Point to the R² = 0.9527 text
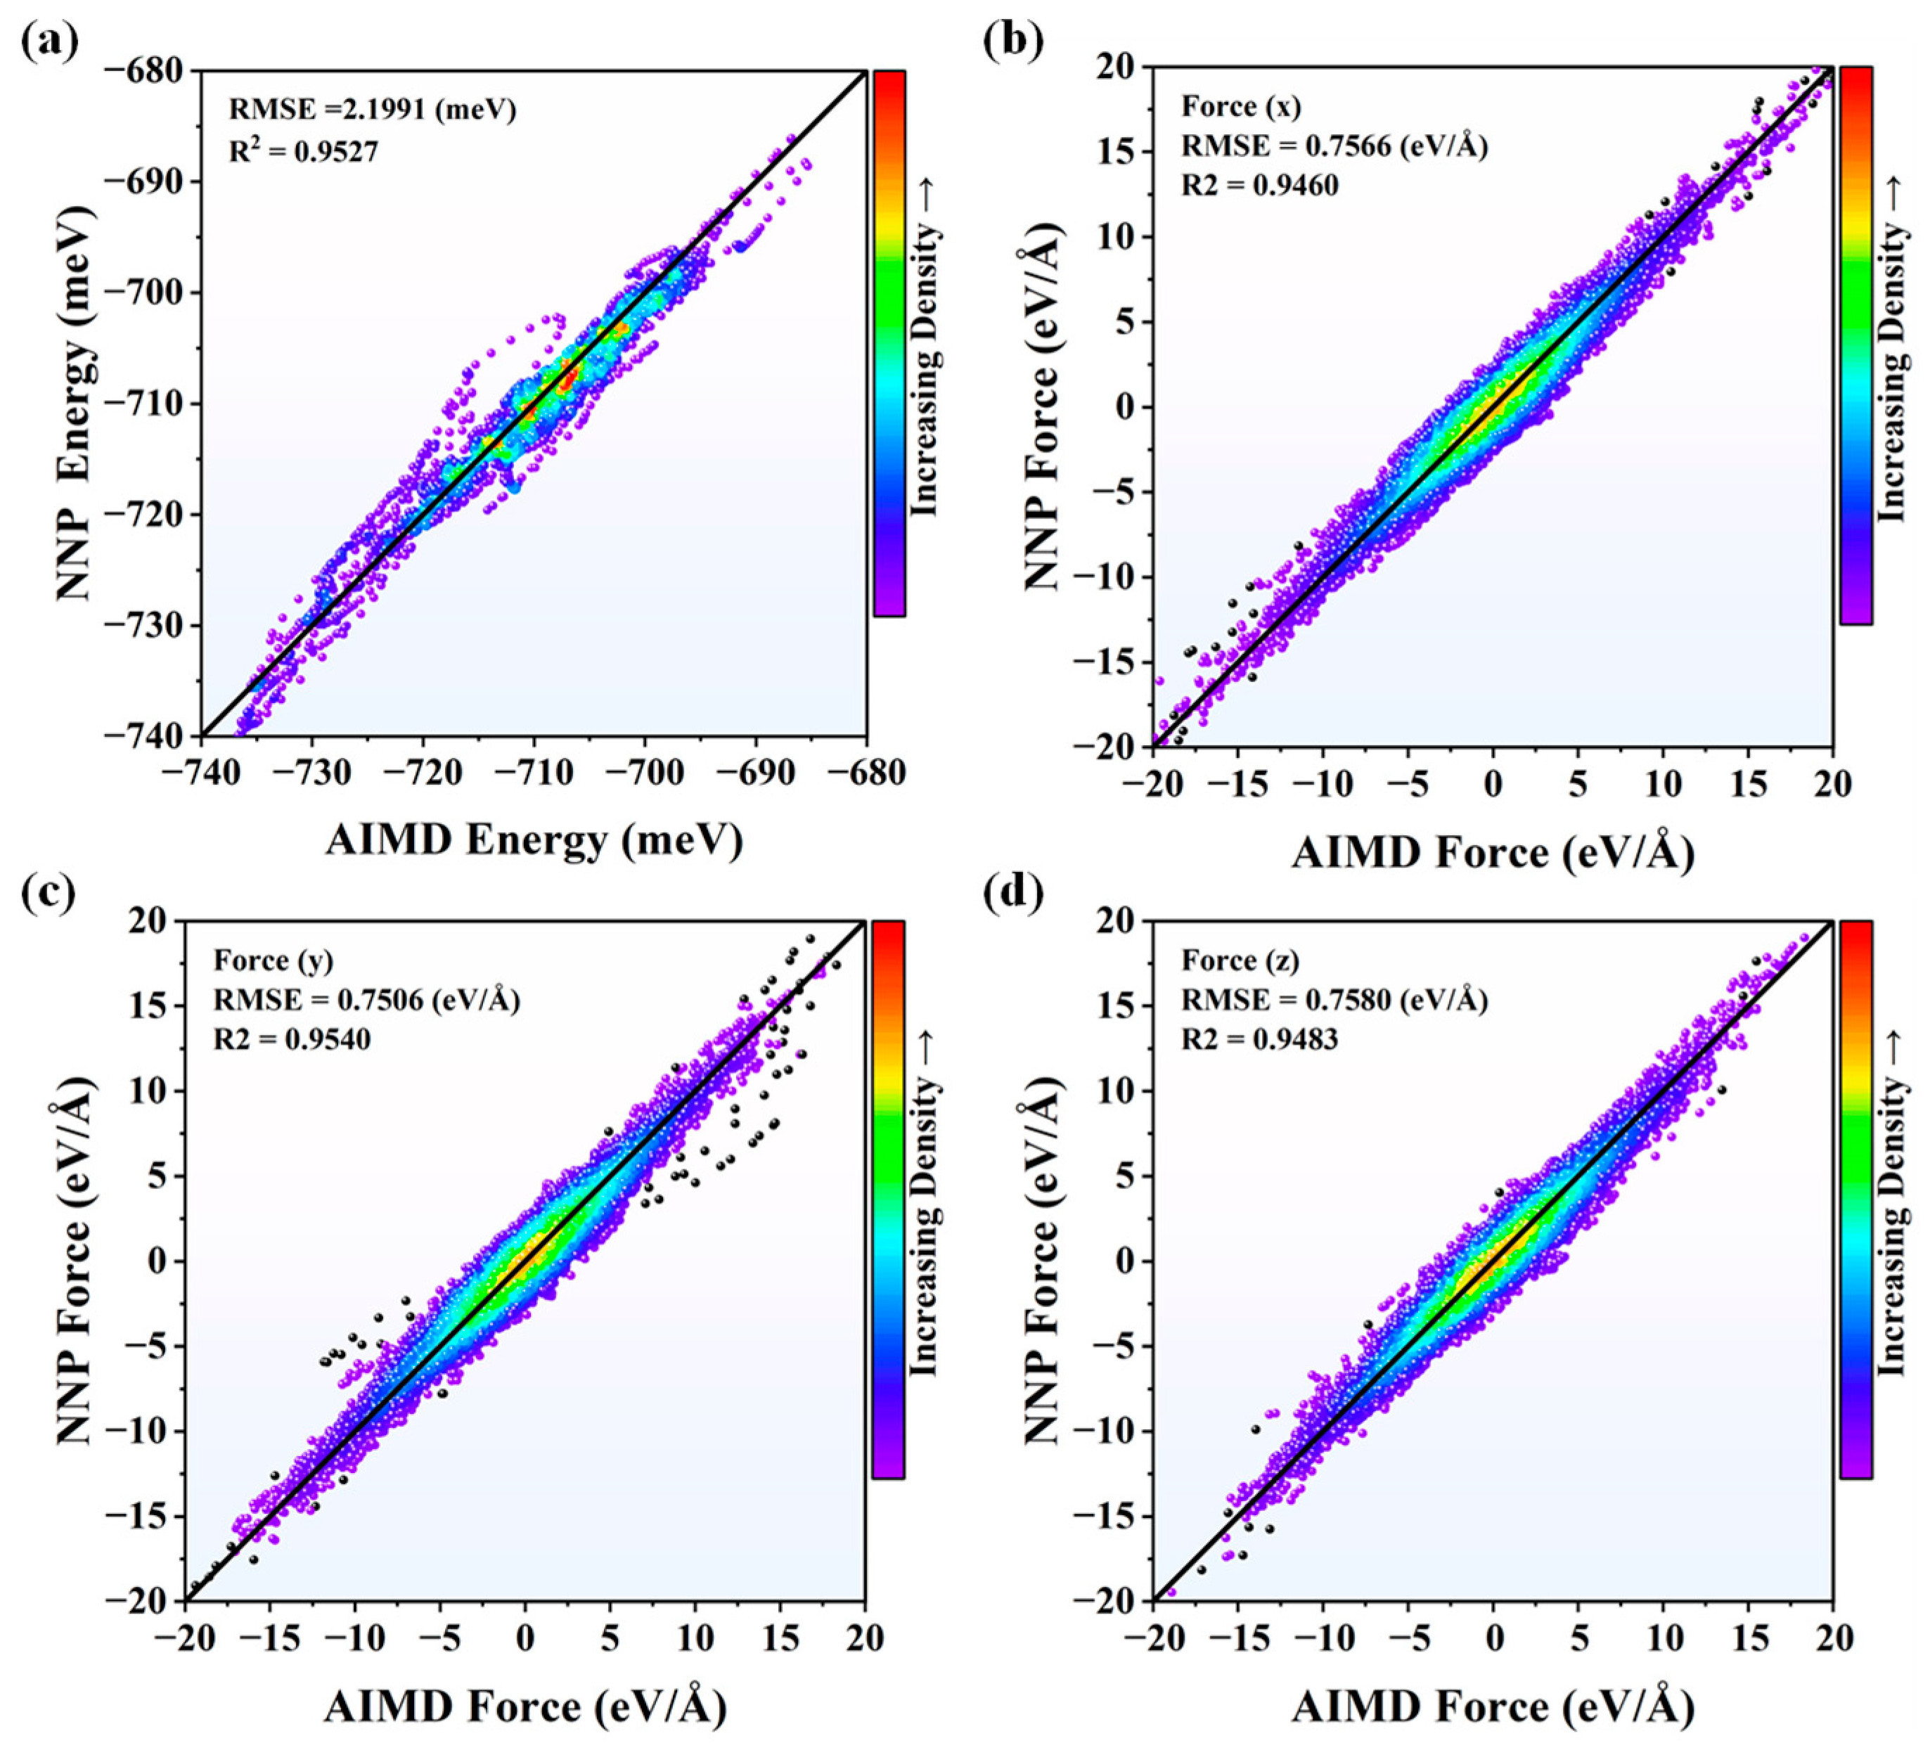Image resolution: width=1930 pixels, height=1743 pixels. coord(304,151)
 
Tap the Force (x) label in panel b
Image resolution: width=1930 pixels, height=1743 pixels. coord(1242,106)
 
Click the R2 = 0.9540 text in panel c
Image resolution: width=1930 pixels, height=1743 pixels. coord(291,1038)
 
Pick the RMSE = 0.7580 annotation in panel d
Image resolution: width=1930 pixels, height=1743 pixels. coord(1334,1001)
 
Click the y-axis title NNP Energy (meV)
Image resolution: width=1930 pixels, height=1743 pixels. coord(77,402)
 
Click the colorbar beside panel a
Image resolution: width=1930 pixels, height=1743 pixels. coord(889,342)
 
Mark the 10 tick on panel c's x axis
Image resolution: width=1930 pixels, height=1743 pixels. coord(695,1638)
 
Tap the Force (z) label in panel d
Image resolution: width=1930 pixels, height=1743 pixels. coord(1241,960)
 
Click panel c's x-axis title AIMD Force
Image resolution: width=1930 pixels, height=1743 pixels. coord(525,1706)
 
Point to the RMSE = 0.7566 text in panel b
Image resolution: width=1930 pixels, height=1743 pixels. coord(1334,146)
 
